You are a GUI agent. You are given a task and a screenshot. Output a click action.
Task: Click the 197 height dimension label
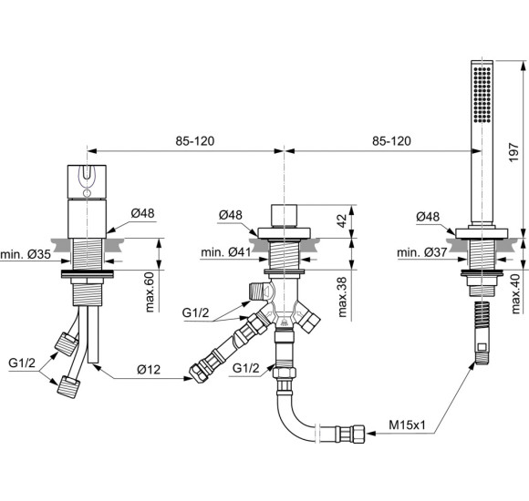pyautogui.click(x=513, y=152)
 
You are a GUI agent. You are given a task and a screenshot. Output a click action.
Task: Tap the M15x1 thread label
pyautogui.click(x=407, y=425)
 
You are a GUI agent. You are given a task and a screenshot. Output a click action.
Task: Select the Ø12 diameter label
pyautogui.click(x=149, y=370)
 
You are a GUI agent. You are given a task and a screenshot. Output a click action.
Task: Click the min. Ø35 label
pyautogui.click(x=26, y=254)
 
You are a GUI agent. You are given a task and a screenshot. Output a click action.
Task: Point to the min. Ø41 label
pyautogui.click(x=226, y=252)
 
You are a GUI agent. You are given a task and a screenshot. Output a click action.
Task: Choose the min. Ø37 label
pyautogui.click(x=422, y=252)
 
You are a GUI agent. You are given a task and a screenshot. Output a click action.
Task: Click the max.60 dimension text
pyautogui.click(x=150, y=292)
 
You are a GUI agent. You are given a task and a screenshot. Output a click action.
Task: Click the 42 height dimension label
pyautogui.click(x=342, y=220)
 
